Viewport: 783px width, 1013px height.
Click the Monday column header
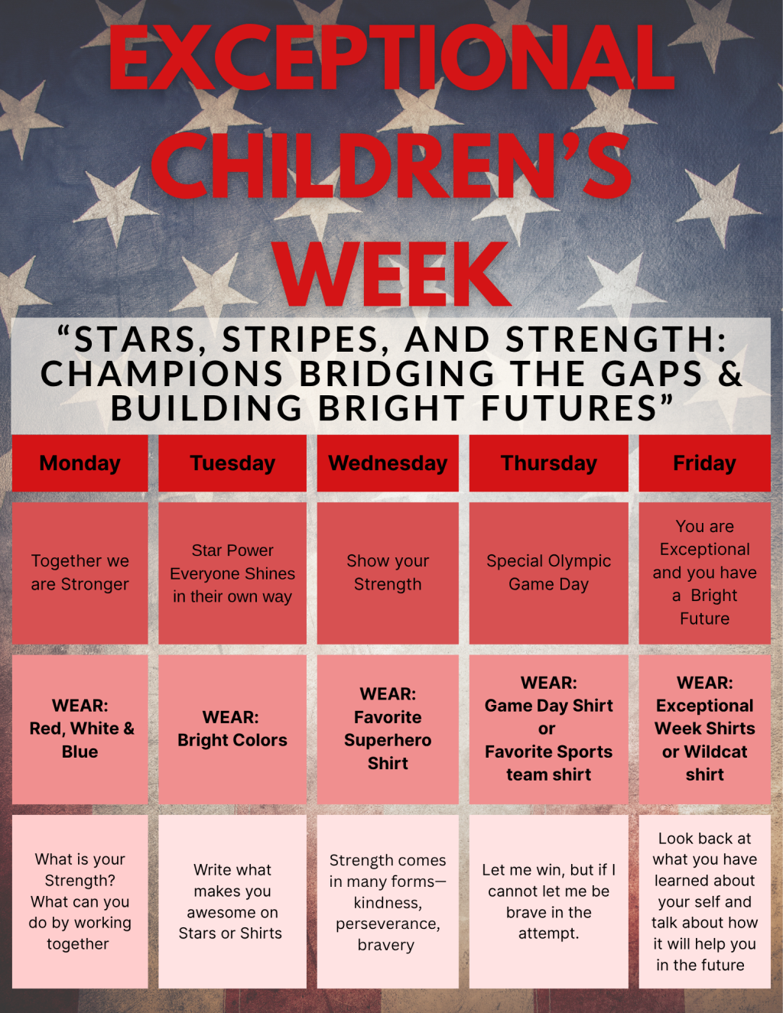point(80,463)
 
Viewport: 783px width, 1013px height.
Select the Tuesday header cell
point(232,463)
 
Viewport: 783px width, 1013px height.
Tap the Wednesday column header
point(388,463)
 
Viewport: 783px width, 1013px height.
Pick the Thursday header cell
point(548,463)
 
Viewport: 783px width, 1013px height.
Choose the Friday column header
point(704,463)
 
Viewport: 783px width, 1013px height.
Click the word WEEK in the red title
point(392,274)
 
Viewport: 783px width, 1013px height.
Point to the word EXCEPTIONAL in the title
point(391,57)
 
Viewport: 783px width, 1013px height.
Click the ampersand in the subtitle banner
point(730,374)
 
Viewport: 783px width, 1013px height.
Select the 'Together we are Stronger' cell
point(80,573)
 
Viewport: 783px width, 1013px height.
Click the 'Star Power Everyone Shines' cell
point(232,573)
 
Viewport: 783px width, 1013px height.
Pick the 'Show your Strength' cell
point(388,573)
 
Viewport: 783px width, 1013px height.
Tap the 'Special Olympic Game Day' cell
point(548,573)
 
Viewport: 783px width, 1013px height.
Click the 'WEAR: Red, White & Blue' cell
point(80,729)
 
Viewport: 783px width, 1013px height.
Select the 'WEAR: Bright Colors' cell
point(232,729)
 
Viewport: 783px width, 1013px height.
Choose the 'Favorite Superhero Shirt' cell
point(388,729)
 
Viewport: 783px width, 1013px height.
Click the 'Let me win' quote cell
point(548,901)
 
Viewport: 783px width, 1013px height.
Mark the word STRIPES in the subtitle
point(301,340)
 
